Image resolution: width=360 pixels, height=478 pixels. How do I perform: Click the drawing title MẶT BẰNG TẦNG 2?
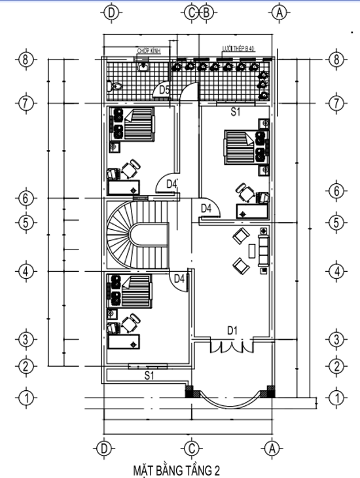[x=176, y=469]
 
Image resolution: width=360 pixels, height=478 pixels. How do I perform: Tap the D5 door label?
[x=164, y=90]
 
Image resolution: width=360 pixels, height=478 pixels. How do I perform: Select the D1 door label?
[x=232, y=331]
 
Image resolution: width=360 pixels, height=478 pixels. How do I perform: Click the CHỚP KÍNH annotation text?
[x=149, y=50]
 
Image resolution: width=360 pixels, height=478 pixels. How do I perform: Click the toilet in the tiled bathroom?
[x=116, y=86]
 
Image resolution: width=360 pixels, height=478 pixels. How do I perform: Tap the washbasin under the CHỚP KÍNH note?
[x=143, y=65]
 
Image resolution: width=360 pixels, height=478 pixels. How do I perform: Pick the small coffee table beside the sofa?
[x=251, y=250]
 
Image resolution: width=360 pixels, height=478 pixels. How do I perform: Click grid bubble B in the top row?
[x=206, y=12]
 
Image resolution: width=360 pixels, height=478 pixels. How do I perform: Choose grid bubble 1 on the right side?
[x=336, y=397]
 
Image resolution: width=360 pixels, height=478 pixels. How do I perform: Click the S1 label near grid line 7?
[x=236, y=113]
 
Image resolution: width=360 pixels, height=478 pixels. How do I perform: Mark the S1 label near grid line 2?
[x=149, y=376]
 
